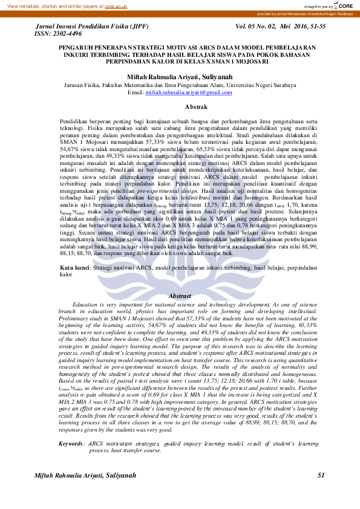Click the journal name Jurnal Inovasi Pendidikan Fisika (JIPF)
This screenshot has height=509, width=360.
[93, 27]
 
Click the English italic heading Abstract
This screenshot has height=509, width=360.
[180, 296]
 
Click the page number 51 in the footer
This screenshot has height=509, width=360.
[321, 476]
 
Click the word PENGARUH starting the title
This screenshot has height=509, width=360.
[75, 47]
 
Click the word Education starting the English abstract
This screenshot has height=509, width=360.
[85, 305]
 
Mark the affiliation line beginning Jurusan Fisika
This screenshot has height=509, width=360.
[180, 86]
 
